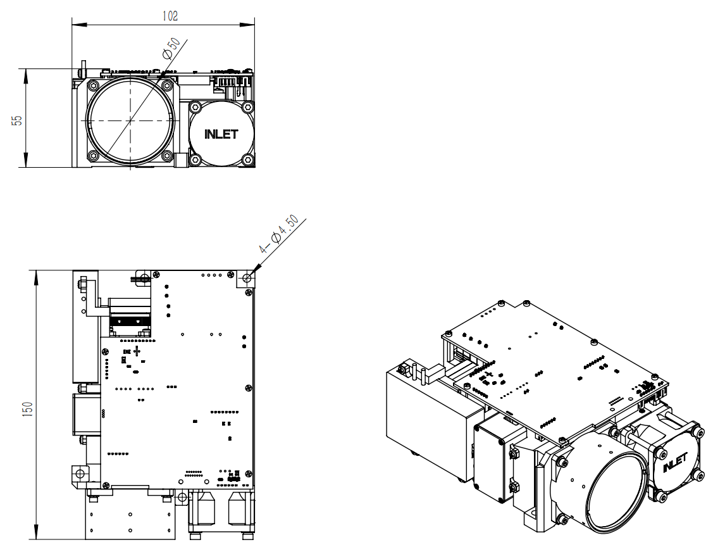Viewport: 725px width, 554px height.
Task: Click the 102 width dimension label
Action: tap(170, 16)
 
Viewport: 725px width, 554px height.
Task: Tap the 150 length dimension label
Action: tap(27, 408)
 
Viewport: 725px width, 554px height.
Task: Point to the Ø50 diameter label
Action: tap(171, 48)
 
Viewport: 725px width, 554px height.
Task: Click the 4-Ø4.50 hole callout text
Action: tap(283, 236)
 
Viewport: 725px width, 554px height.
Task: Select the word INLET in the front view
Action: tap(221, 134)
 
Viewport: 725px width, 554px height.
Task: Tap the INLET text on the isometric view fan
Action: tap(675, 463)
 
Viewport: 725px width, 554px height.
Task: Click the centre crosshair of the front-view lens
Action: tap(131, 120)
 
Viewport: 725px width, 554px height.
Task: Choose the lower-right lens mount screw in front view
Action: tap(167, 156)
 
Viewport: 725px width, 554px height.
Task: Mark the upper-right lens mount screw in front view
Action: tap(167, 85)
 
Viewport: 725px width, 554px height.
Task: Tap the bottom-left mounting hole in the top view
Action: tap(79, 472)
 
